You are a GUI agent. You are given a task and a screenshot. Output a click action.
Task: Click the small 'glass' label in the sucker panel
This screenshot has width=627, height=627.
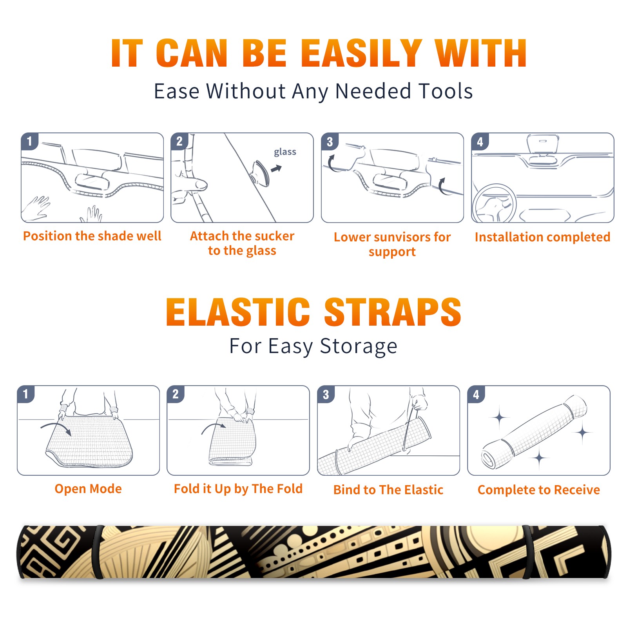(285, 152)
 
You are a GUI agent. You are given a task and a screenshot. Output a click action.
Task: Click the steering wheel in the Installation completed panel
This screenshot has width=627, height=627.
(494, 203)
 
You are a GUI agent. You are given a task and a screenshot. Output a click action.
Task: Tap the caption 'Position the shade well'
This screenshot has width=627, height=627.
(92, 236)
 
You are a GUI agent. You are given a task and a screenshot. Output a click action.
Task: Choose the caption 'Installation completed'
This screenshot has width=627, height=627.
(542, 237)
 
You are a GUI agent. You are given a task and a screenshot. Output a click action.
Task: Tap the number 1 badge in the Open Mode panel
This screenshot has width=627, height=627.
(26, 394)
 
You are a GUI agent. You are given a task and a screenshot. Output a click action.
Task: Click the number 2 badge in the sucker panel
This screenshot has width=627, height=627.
(179, 141)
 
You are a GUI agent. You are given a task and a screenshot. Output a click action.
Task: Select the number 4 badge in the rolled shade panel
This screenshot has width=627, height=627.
(476, 394)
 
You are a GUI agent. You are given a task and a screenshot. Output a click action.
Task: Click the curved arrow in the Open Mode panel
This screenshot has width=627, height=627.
(56, 426)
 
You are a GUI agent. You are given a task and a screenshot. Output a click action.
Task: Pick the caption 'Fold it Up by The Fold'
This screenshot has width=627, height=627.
(238, 489)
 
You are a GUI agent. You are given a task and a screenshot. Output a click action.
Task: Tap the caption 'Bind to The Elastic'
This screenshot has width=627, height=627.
(388, 490)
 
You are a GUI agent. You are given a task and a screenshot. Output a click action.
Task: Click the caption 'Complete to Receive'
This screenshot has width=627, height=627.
(539, 490)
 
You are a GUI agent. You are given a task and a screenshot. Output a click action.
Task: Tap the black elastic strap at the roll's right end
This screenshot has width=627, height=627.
(527, 552)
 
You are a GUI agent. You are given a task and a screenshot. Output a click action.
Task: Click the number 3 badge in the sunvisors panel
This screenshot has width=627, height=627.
(330, 141)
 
